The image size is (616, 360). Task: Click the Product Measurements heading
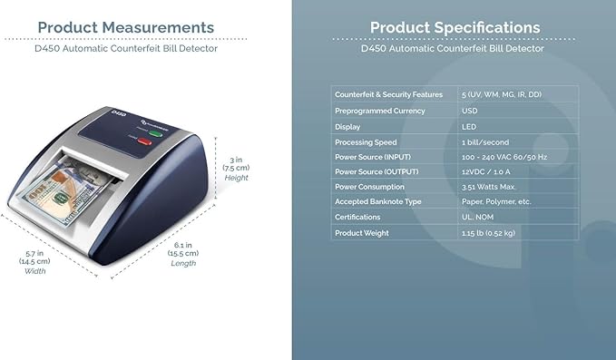pyautogui.click(x=126, y=27)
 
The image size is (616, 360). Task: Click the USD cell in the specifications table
pyautogui.click(x=471, y=111)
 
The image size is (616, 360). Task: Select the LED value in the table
pyautogui.click(x=469, y=127)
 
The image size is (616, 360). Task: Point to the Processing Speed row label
pyautogui.click(x=367, y=142)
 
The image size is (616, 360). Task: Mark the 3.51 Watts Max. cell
pyautogui.click(x=488, y=186)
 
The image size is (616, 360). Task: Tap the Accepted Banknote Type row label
pyautogui.click(x=379, y=201)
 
